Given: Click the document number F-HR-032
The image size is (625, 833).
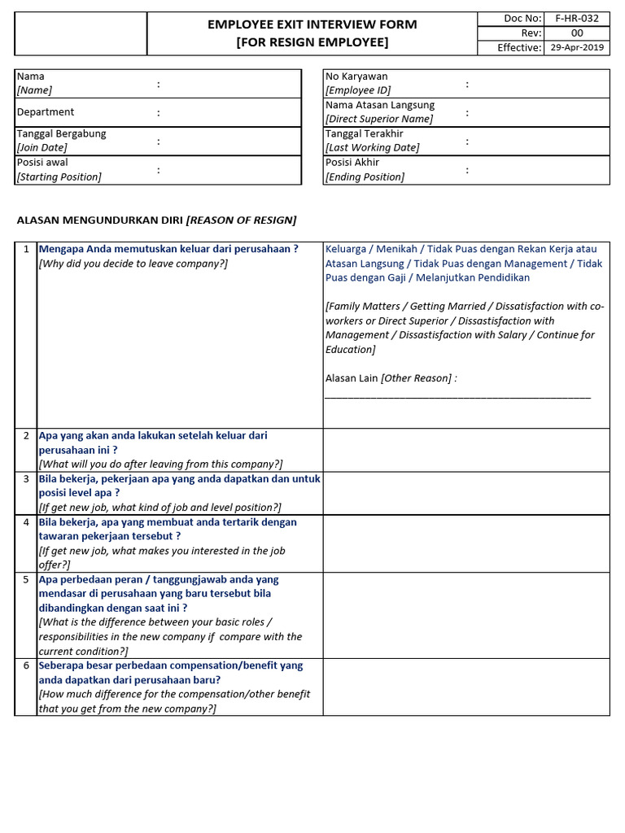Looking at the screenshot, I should pyautogui.click(x=575, y=19).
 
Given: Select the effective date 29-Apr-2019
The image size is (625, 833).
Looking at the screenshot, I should pyautogui.click(x=576, y=47).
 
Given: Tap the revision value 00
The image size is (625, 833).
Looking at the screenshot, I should pyautogui.click(x=576, y=33).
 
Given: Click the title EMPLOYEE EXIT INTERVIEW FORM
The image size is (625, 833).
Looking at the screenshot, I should pyautogui.click(x=312, y=24).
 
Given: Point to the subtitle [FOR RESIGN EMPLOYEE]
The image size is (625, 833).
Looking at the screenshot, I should pyautogui.click(x=312, y=42).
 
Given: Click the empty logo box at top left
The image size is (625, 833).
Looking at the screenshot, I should pyautogui.click(x=81, y=33).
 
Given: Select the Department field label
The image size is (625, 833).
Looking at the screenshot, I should pyautogui.click(x=46, y=112).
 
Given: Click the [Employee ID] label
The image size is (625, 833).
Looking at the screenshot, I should pyautogui.click(x=358, y=90).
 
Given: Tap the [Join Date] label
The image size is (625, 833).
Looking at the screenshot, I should pyautogui.click(x=42, y=147).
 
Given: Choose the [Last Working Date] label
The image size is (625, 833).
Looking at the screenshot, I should pyautogui.click(x=373, y=147).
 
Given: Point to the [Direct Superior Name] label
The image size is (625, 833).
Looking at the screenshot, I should pyautogui.click(x=379, y=119).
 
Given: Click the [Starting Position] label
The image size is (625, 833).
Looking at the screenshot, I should pyautogui.click(x=59, y=177).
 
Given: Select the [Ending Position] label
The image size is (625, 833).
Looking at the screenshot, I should pyautogui.click(x=365, y=177).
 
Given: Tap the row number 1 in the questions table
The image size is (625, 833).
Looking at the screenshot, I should pyautogui.click(x=26, y=249).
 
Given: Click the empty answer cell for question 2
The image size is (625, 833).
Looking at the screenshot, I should pyautogui.click(x=465, y=450).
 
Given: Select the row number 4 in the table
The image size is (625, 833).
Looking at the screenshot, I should pyautogui.click(x=26, y=522).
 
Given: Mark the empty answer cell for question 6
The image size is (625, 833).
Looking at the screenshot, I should pyautogui.click(x=465, y=687).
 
